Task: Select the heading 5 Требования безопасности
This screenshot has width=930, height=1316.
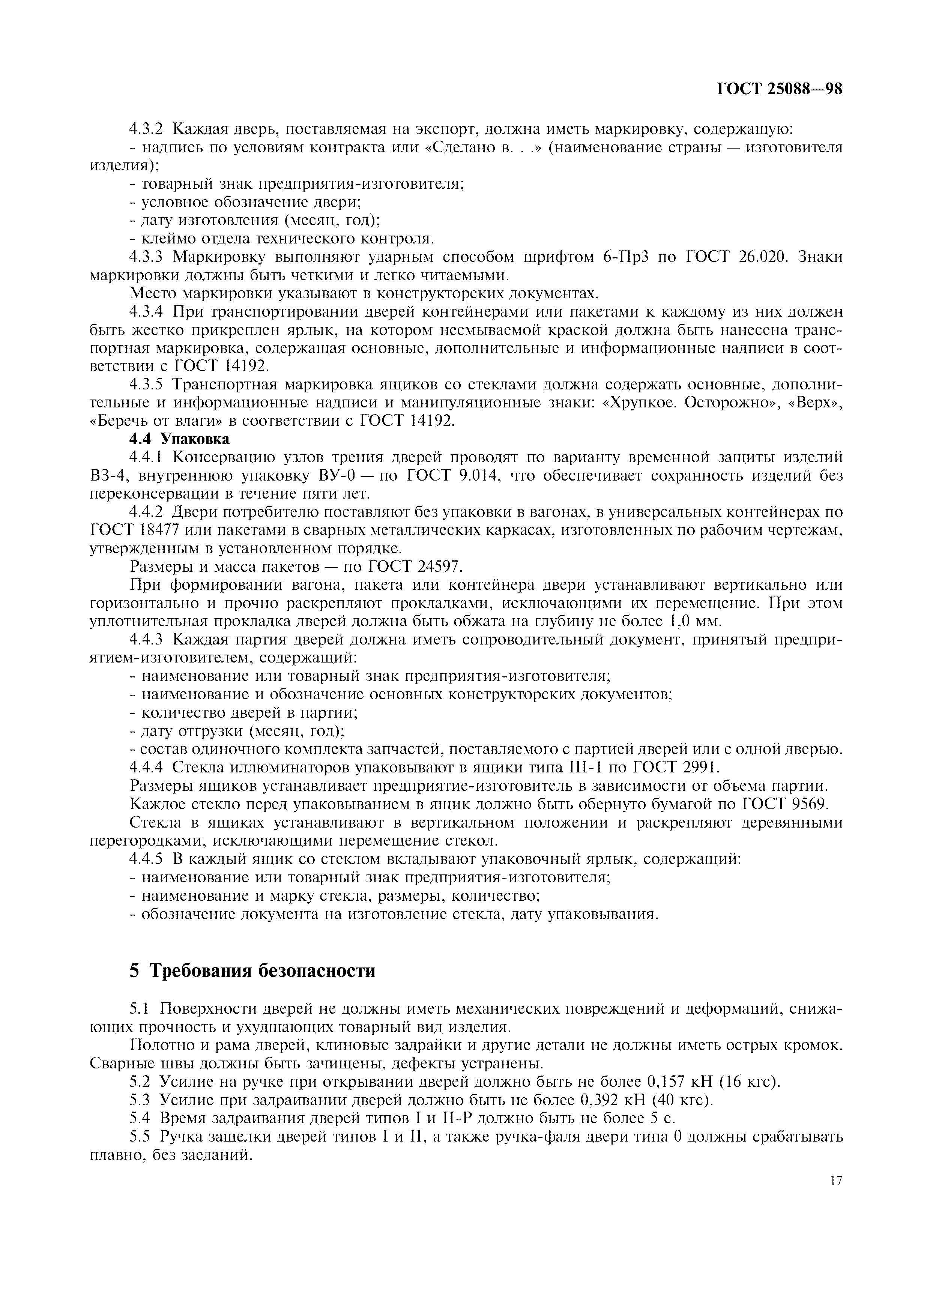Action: coord(253,970)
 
